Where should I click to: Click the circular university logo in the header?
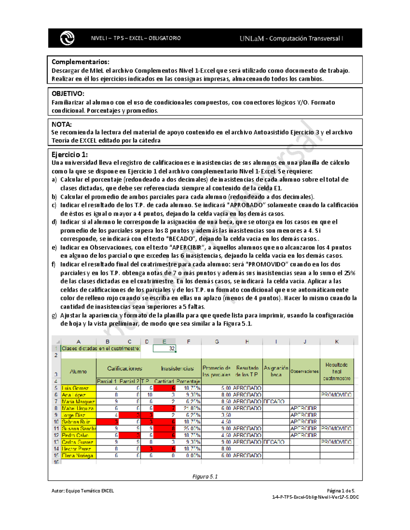pos(67,38)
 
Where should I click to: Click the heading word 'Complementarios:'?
pos(80,62)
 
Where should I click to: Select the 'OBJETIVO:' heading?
pos(68,94)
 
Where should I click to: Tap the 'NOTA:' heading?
pos(61,124)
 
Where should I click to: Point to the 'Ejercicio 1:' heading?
pos(69,154)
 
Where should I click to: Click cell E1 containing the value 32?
pos(164,348)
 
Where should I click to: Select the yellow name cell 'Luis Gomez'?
pos(79,388)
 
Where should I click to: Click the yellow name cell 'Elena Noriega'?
pos(79,456)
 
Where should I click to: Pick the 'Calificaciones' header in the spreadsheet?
pos(124,368)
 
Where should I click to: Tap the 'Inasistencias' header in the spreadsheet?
pos(177,368)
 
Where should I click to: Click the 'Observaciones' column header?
pos(304,371)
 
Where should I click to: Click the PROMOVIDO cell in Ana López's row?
pos(337,395)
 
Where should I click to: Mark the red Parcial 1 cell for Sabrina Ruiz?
pos(107,422)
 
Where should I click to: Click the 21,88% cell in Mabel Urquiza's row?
pos(188,409)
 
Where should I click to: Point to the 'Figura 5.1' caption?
pos(205,476)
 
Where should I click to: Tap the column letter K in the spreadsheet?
pos(337,342)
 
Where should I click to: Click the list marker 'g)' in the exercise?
pos(54,315)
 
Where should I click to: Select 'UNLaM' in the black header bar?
pos(251,39)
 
